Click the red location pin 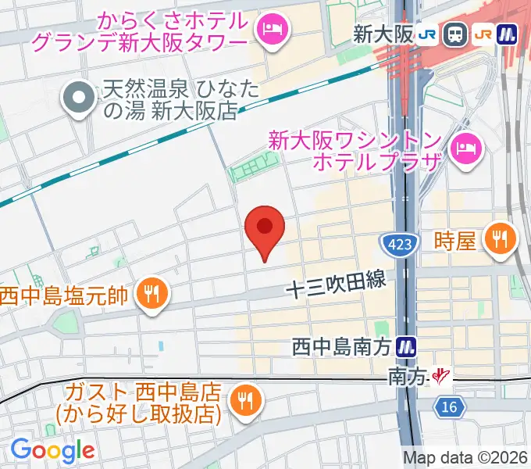[265, 229]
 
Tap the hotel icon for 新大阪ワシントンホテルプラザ [468, 145]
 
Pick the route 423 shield [398, 245]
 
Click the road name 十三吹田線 [336, 287]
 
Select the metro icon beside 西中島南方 [405, 345]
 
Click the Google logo [52, 450]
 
